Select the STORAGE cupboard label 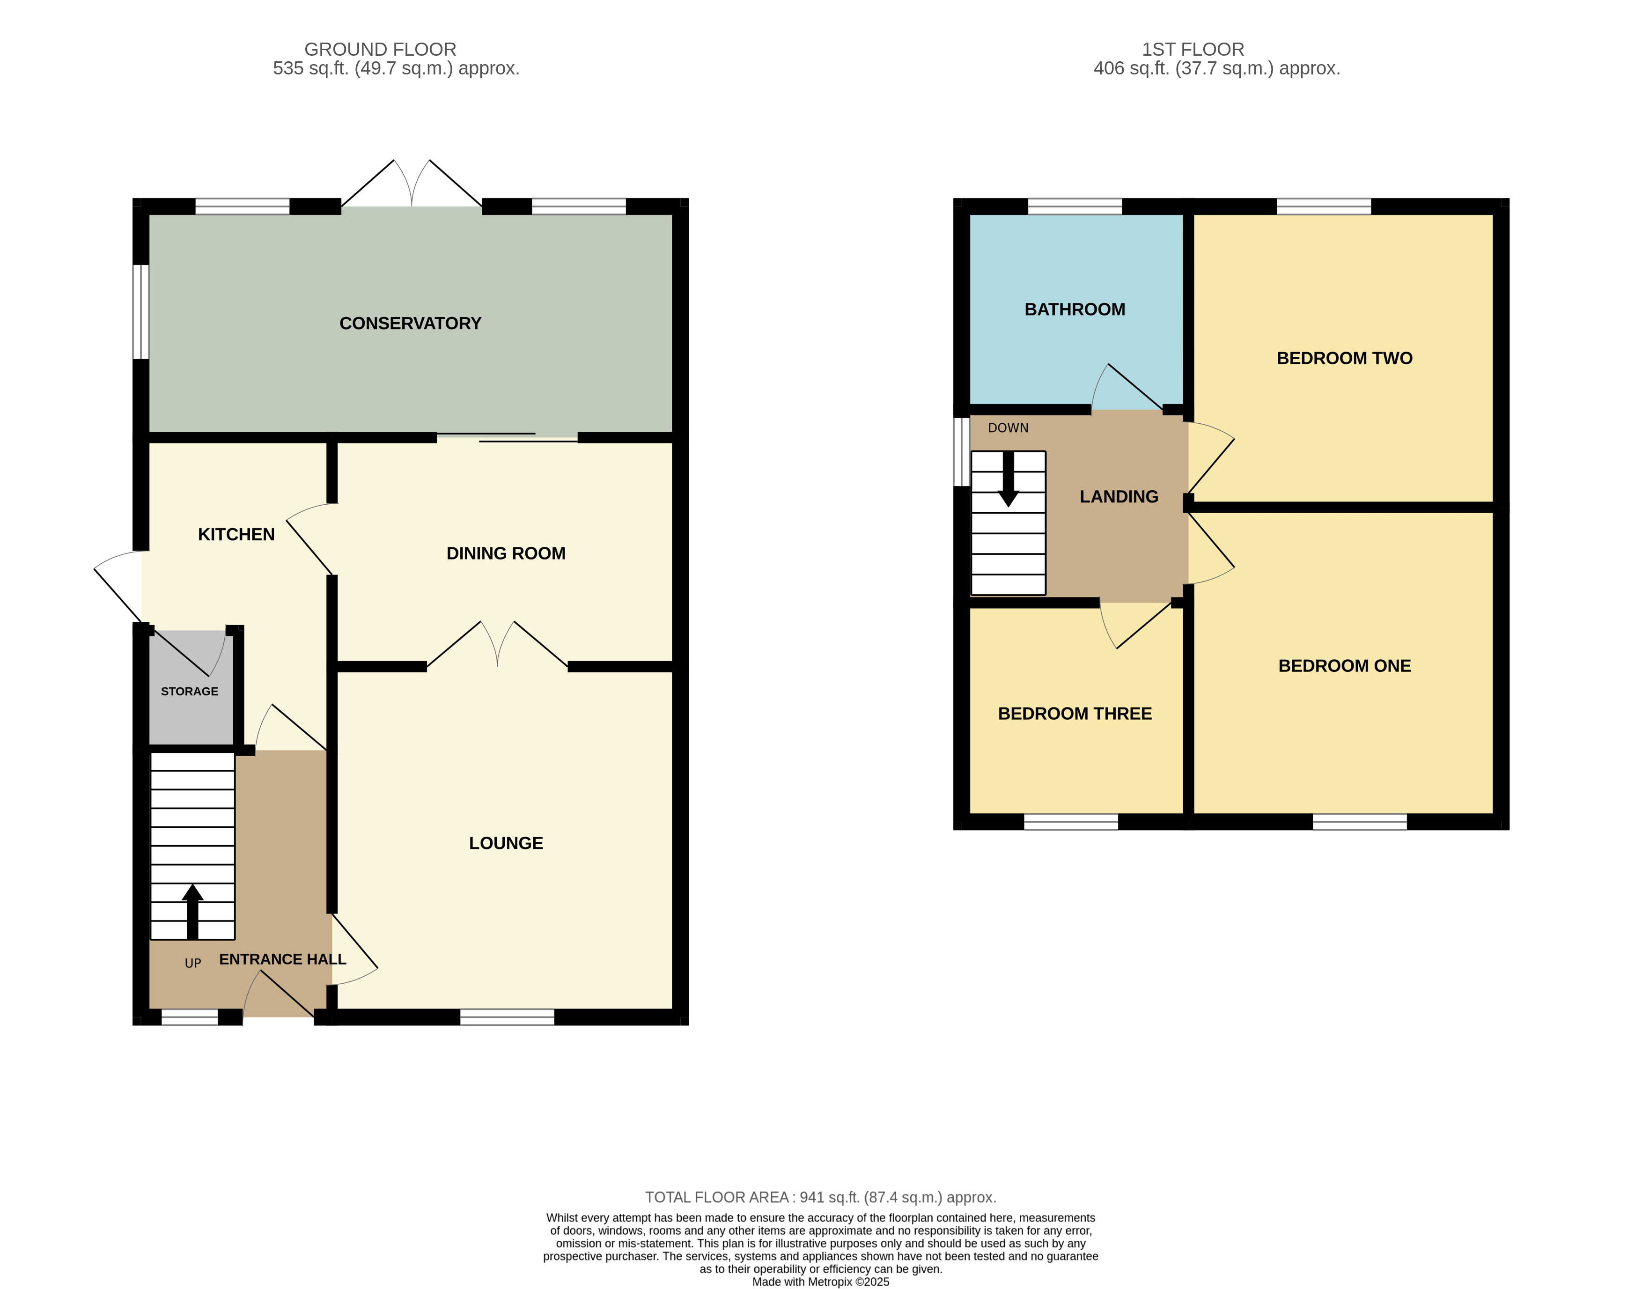[190, 691]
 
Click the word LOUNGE [506, 843]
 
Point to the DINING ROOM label [506, 553]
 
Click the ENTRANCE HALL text [282, 959]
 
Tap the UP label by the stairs [193, 964]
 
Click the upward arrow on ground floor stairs [192, 909]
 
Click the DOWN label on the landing [1008, 428]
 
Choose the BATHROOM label [1075, 309]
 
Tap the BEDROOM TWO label [1344, 359]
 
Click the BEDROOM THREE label [1075, 714]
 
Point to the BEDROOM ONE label [1344, 666]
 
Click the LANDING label [1118, 497]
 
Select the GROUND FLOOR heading [380, 50]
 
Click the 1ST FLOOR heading [1192, 50]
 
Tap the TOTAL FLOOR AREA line [820, 1197]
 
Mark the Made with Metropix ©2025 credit [820, 1282]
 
